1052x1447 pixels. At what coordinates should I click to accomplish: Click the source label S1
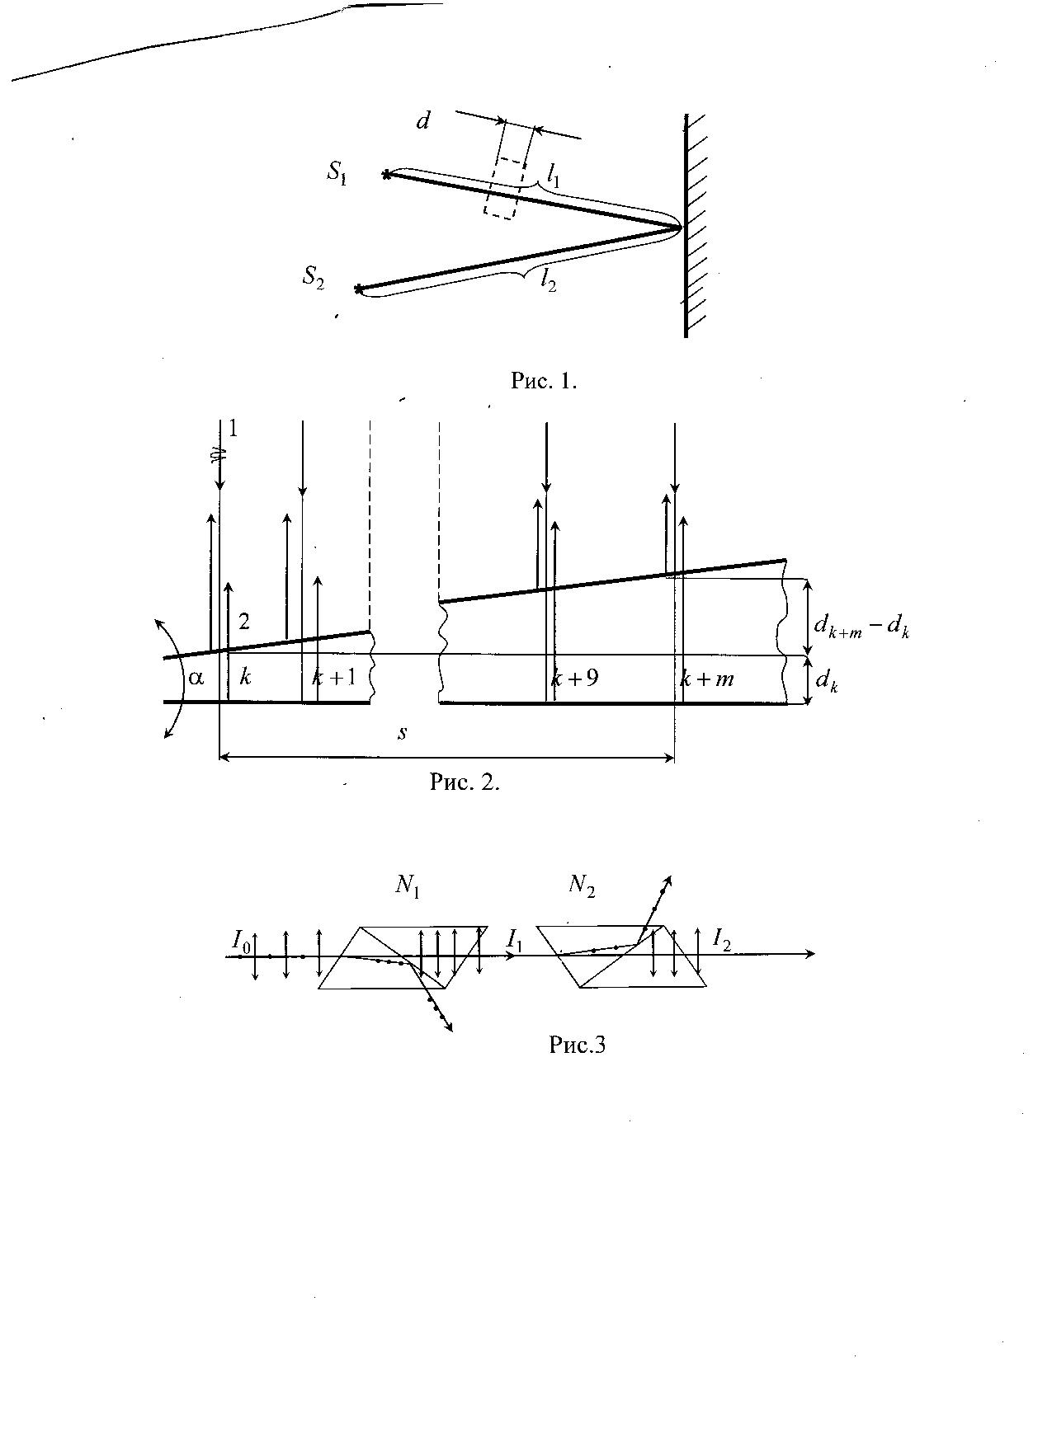click(x=337, y=172)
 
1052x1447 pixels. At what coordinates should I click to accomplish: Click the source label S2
click(x=313, y=276)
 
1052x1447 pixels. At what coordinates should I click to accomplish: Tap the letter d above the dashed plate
click(x=423, y=121)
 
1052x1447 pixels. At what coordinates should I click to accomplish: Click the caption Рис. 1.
click(x=544, y=381)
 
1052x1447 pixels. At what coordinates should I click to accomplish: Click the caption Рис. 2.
click(x=465, y=782)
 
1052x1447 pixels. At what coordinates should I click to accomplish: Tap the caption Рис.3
click(x=578, y=1045)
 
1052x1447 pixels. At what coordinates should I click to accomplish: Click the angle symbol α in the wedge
click(x=196, y=679)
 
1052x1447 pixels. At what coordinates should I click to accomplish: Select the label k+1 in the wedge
click(x=334, y=678)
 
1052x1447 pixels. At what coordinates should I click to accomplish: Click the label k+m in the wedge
click(x=707, y=679)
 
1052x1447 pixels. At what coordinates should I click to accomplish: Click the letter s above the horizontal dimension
click(x=402, y=732)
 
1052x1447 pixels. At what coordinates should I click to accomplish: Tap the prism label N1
click(x=408, y=886)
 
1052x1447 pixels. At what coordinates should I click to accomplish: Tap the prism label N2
click(x=583, y=886)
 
